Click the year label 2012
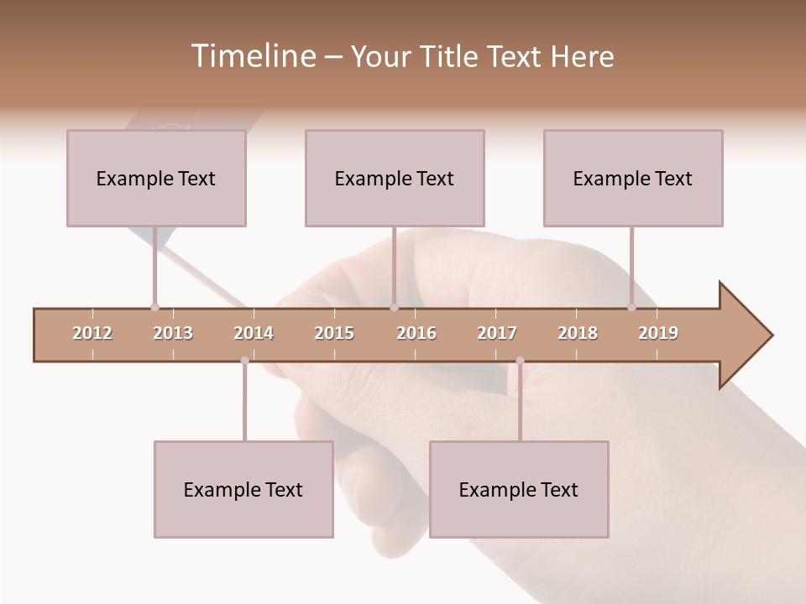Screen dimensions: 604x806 click(x=92, y=333)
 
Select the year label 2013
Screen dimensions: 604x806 click(x=173, y=333)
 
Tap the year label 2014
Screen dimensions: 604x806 click(x=254, y=333)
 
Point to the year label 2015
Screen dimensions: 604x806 click(x=334, y=333)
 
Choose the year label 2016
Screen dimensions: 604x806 click(x=416, y=333)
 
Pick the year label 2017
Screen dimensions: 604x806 click(x=497, y=333)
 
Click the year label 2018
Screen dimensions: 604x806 click(x=578, y=333)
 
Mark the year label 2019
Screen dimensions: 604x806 click(x=658, y=333)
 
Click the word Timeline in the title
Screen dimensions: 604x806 click(x=253, y=56)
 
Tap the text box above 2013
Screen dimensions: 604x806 click(x=156, y=178)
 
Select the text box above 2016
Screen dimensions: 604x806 click(x=395, y=178)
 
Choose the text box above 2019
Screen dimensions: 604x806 click(x=633, y=178)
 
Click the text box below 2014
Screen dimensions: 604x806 click(x=243, y=489)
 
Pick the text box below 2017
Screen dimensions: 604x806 click(x=519, y=489)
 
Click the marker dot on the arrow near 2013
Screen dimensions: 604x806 click(x=154, y=307)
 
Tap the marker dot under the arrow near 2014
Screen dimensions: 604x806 click(x=244, y=361)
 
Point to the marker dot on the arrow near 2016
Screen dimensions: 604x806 click(x=394, y=307)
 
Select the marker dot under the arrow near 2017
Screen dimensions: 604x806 click(x=520, y=361)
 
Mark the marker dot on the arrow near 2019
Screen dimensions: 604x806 click(x=631, y=307)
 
